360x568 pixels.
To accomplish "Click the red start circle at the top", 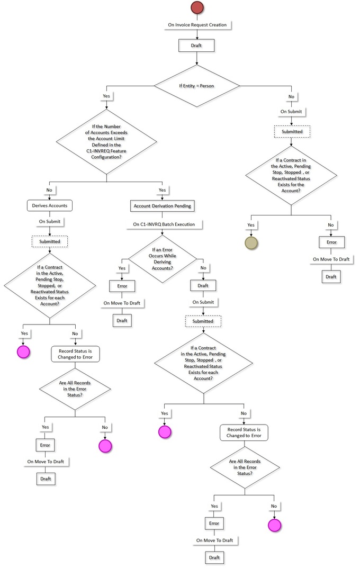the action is click(197, 7).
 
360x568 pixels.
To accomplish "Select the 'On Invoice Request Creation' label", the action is click(197, 25).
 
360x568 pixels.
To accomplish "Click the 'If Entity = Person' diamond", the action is click(197, 86).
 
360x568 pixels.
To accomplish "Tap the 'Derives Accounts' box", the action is click(50, 206).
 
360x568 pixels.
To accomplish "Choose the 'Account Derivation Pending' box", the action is click(162, 206).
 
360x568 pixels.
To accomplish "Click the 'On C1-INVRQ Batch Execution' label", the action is click(164, 224).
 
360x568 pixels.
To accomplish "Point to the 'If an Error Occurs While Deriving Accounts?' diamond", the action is click(162, 259).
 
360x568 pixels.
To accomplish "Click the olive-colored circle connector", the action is click(251, 243).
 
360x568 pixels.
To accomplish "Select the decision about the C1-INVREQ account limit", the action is click(106, 142).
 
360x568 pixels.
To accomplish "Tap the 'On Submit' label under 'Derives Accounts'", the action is click(50, 221).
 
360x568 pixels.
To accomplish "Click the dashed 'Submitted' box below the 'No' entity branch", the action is click(292, 131).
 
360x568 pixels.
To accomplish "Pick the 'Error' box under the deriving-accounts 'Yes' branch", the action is click(122, 286).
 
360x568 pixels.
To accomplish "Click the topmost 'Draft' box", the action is click(196, 46).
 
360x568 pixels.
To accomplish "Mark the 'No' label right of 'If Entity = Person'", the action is click(291, 97).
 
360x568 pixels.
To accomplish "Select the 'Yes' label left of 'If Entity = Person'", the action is click(106, 96).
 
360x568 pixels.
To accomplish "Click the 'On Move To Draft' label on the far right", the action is click(331, 259).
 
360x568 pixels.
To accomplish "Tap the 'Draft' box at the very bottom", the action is click(214, 557).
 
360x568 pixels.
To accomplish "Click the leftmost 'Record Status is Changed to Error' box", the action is click(75, 354).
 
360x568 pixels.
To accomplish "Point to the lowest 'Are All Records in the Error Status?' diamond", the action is click(245, 467).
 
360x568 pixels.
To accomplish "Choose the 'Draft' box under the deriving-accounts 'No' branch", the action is click(203, 285).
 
